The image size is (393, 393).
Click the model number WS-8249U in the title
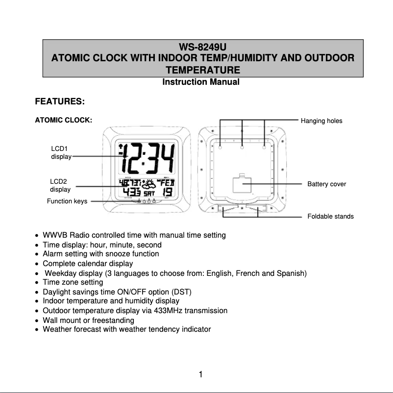tap(202, 48)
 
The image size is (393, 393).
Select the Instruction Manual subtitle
tap(201, 82)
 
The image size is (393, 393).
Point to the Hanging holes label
tap(321, 121)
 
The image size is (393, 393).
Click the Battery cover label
tap(326, 184)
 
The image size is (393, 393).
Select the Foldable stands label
tap(330, 216)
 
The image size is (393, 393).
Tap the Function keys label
tap(67, 201)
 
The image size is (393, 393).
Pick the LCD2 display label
tap(60, 185)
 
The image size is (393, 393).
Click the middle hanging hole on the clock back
tap(243, 146)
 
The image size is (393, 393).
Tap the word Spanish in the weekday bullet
tap(292, 273)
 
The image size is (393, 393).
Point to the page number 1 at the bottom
tap(201, 375)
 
